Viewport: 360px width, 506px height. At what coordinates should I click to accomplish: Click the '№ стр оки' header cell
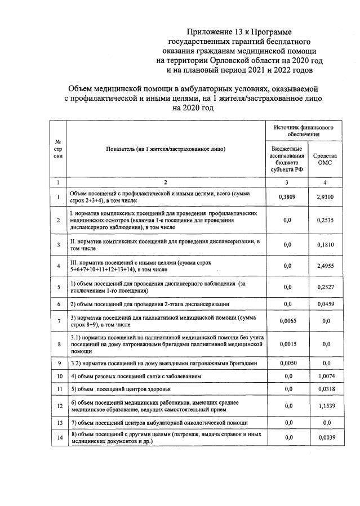pos(58,149)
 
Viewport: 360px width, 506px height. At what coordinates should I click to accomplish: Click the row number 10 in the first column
pos(58,375)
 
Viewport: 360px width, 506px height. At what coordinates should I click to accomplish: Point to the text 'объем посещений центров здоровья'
pos(127,389)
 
